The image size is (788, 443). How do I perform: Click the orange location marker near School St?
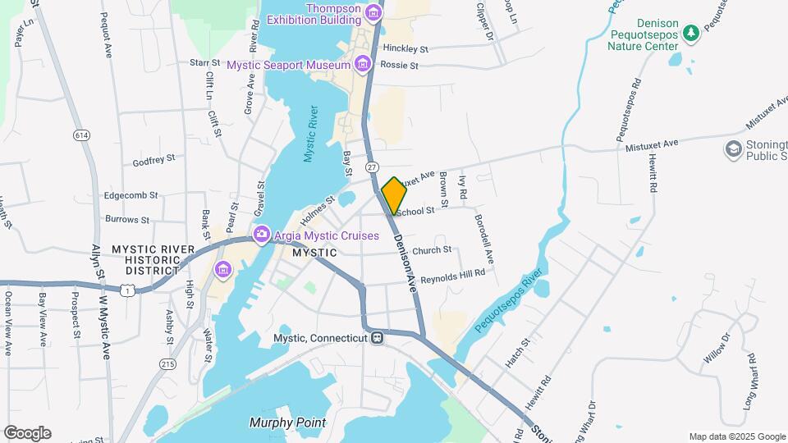point(394,195)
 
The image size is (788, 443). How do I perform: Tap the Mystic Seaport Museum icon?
point(361,64)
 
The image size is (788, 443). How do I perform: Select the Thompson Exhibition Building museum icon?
point(373,14)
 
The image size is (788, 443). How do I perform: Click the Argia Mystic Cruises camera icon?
point(262,235)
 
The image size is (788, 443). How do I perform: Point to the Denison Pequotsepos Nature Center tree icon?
point(691,32)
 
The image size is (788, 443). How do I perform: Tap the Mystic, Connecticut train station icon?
point(377,338)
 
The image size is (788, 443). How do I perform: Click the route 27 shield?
point(372,167)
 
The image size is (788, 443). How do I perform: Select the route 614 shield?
point(80,135)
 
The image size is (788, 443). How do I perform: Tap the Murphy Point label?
point(287,423)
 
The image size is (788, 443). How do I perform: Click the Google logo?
point(26,432)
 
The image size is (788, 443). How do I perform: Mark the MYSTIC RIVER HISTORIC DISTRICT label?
point(144,259)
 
